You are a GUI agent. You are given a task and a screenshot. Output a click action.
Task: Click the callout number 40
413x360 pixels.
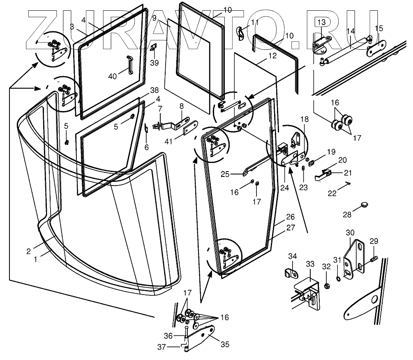click(x=113, y=77)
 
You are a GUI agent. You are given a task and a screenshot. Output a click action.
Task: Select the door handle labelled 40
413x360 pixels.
click(x=129, y=65)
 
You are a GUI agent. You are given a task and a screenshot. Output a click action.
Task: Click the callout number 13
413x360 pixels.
click(x=321, y=22)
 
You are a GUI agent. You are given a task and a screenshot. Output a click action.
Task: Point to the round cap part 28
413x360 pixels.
click(x=364, y=204)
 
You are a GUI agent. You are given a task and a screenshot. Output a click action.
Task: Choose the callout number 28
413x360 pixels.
click(x=347, y=215)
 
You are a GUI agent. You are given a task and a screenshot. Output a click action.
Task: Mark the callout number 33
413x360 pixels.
click(x=310, y=264)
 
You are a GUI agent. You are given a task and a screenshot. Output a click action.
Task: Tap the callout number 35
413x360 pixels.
click(x=225, y=344)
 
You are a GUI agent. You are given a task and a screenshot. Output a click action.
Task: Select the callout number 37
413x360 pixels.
click(x=162, y=347)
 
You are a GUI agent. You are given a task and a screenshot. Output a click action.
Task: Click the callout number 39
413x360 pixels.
click(x=155, y=63)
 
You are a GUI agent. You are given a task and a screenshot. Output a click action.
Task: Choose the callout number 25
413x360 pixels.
click(x=225, y=174)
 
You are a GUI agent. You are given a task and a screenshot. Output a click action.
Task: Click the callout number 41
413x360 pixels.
click(x=168, y=142)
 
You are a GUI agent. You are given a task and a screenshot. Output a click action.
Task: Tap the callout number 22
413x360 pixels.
click(x=332, y=193)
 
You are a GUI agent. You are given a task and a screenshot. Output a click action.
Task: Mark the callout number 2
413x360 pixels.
click(x=28, y=251)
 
